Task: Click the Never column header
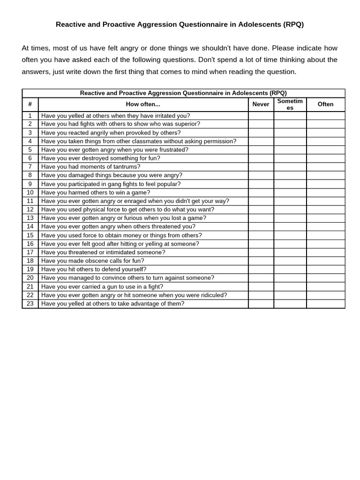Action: (261, 104)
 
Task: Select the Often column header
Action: (325, 104)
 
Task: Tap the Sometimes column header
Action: (290, 104)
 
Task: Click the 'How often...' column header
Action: (143, 104)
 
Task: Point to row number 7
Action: (30, 167)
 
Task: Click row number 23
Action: (30, 304)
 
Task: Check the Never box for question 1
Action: (261, 116)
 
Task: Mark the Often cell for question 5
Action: (325, 150)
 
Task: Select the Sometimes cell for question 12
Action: (290, 210)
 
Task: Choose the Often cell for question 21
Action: (325, 286)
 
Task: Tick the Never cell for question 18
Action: (261, 261)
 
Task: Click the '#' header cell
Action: (30, 104)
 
